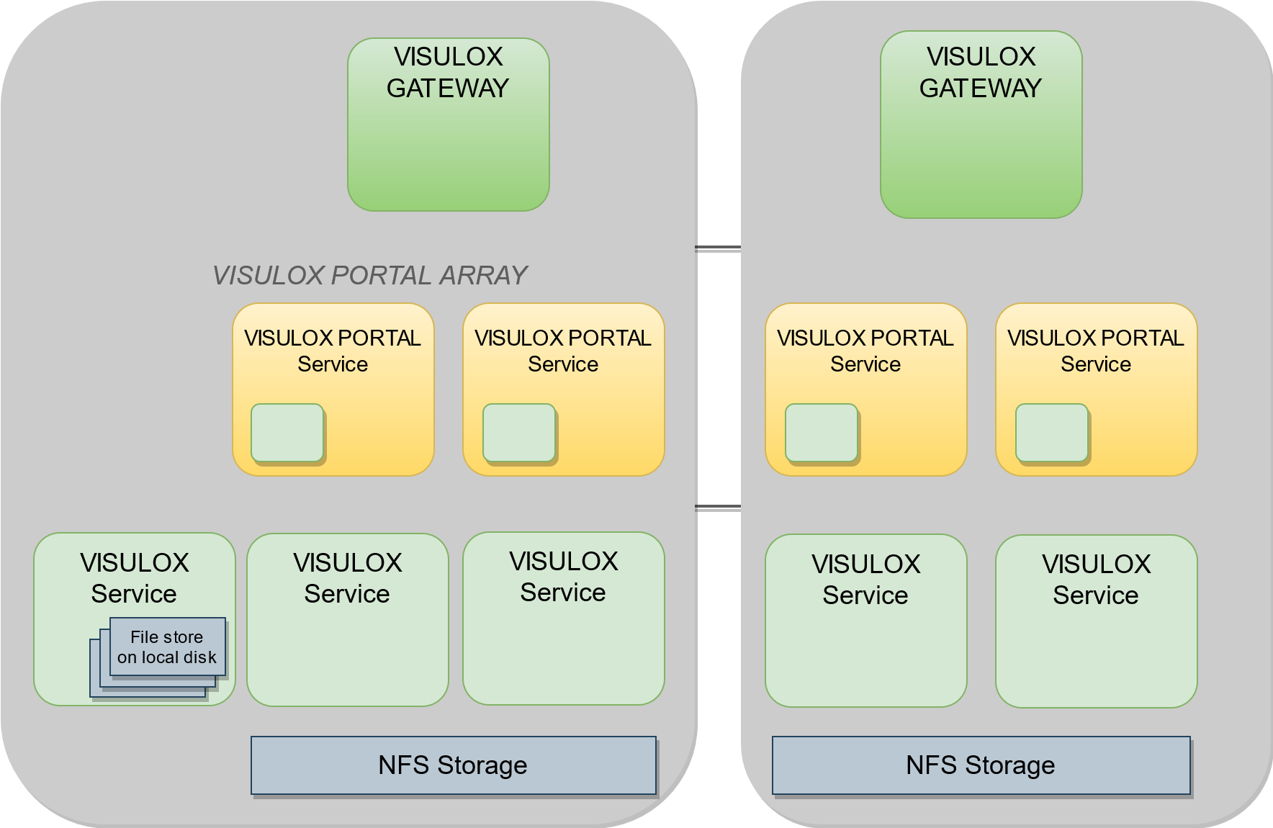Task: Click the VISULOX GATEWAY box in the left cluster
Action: [448, 125]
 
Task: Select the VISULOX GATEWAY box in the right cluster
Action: [981, 125]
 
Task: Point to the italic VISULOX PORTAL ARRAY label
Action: [370, 275]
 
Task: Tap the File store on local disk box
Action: [167, 647]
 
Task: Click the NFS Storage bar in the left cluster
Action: [453, 765]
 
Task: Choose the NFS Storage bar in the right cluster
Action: [981, 765]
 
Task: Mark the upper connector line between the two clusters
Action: [718, 248]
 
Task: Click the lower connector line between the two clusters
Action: [718, 507]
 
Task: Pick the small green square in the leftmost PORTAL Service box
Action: [287, 432]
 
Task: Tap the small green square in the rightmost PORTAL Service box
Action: [1051, 432]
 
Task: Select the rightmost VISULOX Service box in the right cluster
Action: [1096, 621]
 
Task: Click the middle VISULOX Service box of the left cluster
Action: [347, 619]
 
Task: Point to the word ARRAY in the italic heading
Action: [483, 275]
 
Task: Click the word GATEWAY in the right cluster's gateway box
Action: [981, 89]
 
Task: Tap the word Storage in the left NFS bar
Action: [482, 765]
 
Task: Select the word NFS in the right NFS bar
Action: [932, 765]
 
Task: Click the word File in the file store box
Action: [144, 637]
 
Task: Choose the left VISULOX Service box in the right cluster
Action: [865, 621]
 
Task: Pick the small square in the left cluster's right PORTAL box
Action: [519, 432]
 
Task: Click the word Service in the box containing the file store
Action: [134, 594]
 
